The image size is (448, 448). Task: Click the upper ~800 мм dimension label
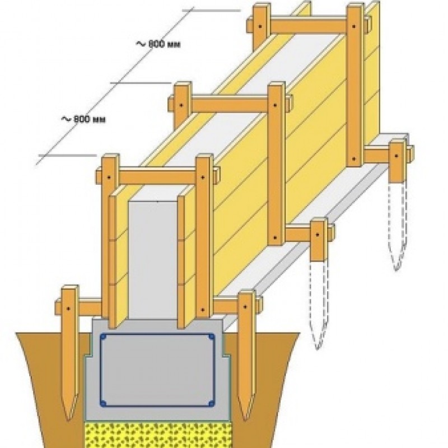pos(158,44)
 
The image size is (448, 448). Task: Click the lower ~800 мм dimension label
pos(83,119)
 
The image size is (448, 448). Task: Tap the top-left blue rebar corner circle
pos(104,337)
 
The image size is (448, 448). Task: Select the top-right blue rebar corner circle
pos(212,337)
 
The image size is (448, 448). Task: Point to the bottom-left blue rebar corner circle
pos(104,403)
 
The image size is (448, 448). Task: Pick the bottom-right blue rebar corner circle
pos(211,403)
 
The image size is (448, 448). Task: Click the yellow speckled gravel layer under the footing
pos(158,435)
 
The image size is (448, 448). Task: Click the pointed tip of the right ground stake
pos(245,420)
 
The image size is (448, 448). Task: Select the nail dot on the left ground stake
pos(68,309)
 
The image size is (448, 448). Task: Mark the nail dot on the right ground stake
pos(245,306)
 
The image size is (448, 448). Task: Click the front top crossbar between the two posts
pos(158,178)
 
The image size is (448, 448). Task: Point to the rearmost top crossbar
pos(309,25)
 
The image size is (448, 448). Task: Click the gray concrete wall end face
pos(153,260)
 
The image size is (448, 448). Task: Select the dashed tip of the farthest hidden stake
pos(396,269)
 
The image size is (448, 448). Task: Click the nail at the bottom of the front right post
pos(203,310)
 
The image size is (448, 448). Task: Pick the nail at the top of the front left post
pos(109,178)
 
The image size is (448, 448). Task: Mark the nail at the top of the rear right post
pos(354,26)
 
